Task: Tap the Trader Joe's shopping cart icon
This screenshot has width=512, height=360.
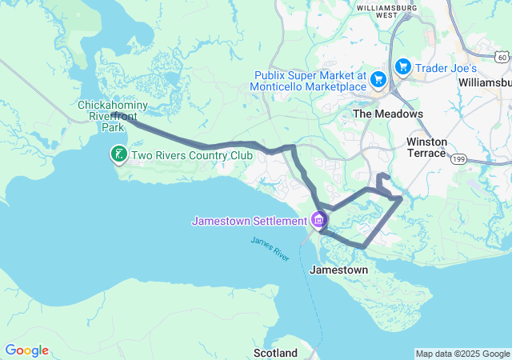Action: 402,66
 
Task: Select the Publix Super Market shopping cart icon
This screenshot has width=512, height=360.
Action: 378,79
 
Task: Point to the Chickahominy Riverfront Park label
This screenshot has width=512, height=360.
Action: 113,116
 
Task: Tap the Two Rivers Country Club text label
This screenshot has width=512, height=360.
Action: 186,155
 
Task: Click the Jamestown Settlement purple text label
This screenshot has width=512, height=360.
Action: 249,221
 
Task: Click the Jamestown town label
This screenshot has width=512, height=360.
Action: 339,270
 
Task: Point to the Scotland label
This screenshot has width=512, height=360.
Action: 275,353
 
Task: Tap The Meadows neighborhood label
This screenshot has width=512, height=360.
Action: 388,114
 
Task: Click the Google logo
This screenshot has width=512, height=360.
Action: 26,350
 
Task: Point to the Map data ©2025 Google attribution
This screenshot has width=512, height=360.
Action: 462,354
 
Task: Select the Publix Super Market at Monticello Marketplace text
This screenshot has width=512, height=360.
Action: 307,79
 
